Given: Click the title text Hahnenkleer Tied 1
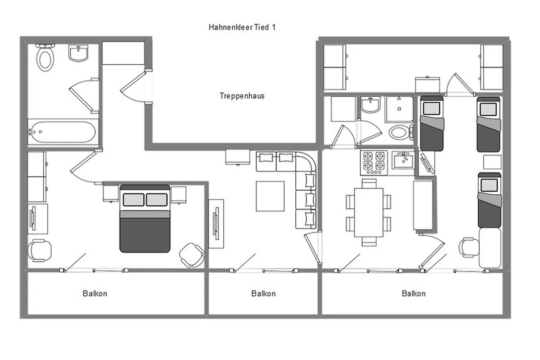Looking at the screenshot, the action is tap(242, 27).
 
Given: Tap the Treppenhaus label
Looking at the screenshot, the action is tap(242, 96).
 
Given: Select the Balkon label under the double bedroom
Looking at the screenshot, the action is tap(95, 293).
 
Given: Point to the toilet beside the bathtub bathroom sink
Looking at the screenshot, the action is tap(45, 58).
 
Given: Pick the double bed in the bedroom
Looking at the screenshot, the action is tap(145, 219).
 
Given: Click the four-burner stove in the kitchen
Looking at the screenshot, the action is tap(374, 162).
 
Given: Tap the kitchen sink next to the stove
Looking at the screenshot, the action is tap(403, 160).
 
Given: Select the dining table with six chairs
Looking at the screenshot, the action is tap(369, 212).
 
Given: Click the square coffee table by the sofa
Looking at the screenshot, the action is tap(270, 196).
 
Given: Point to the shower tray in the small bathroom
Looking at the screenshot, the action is tap(399, 109).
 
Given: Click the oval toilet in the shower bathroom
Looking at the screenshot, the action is tap(400, 132).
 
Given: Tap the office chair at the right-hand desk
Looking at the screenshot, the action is tap(468, 247).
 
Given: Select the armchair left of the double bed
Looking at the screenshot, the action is tap(39, 251).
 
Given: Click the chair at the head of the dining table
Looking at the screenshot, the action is tap(369, 183).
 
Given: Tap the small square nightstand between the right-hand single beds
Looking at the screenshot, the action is tap(492, 162).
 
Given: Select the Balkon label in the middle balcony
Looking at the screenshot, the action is tap(263, 293).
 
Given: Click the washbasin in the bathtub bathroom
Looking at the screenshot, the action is tap(78, 53).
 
